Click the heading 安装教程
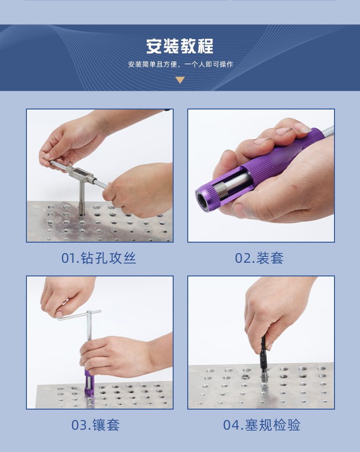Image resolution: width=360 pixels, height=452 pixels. click(180, 46)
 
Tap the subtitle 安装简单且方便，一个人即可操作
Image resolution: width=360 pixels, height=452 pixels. click(180, 64)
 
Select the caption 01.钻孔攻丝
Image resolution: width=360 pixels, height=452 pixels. click(98, 258)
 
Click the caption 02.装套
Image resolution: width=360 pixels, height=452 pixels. click(259, 258)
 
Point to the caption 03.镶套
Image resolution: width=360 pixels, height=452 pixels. click(95, 425)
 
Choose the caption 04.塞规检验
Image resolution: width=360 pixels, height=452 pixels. click(262, 425)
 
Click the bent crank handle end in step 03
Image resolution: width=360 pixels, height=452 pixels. click(62, 317)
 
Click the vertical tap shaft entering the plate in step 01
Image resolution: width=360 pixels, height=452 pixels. click(82, 199)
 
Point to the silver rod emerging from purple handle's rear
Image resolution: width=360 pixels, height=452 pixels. click(328, 131)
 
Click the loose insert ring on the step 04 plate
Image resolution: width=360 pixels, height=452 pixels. click(245, 376)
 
